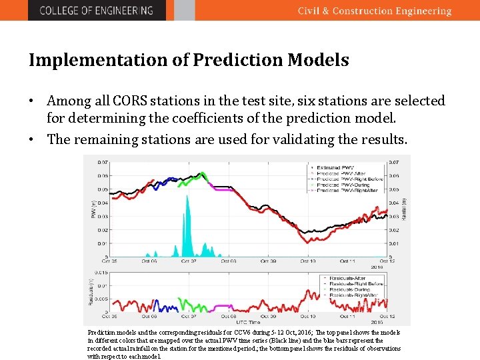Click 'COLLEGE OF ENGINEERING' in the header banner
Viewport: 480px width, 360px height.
pyautogui.click(x=96, y=11)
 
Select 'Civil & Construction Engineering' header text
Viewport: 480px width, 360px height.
pyautogui.click(x=374, y=11)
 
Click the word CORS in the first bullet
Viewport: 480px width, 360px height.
pyautogui.click(x=131, y=101)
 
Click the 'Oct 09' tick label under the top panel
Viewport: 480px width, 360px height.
pyautogui.click(x=265, y=261)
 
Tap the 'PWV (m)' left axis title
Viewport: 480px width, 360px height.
pyautogui.click(x=93, y=209)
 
